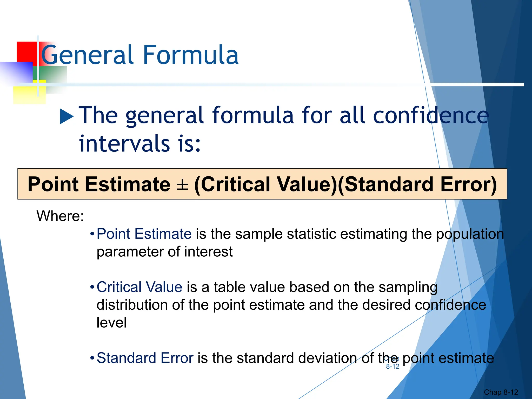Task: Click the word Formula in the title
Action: click(191, 55)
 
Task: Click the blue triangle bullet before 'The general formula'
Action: click(67, 116)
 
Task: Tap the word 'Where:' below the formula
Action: click(60, 216)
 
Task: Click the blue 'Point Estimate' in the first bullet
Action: click(144, 234)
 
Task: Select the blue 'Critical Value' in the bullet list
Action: click(139, 287)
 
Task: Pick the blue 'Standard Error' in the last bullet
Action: click(145, 358)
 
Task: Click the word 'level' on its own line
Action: click(111, 323)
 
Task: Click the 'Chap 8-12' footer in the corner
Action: click(501, 392)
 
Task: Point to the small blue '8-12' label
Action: click(393, 367)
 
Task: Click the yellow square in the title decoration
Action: click(29, 94)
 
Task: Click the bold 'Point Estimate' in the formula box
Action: click(99, 185)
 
